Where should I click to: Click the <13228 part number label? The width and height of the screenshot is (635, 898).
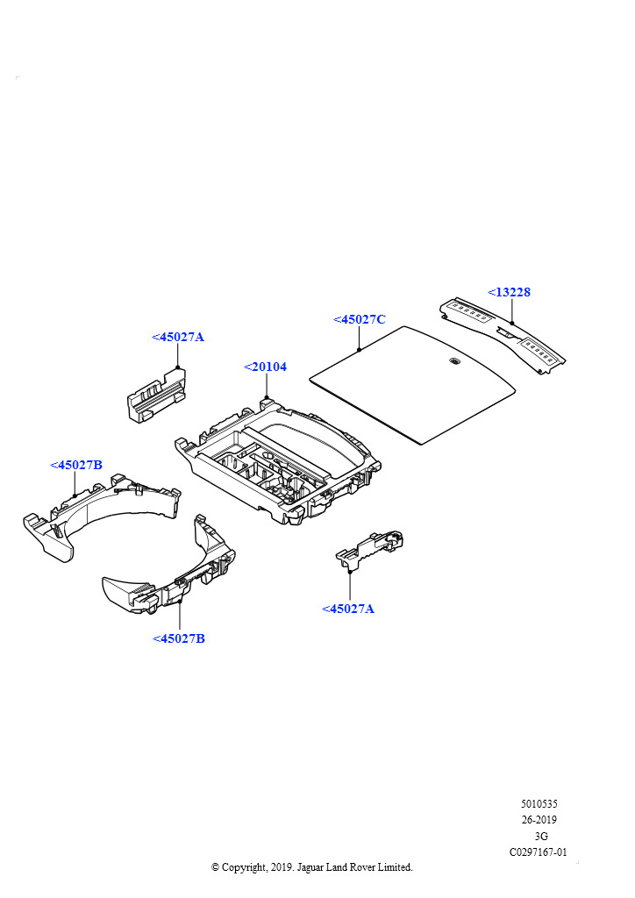point(510,292)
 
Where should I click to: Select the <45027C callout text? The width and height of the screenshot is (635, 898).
point(360,320)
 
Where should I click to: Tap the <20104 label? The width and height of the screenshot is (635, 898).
point(265,367)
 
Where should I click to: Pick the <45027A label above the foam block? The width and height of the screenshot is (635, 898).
point(178,337)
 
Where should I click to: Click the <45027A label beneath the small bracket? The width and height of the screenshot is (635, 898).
point(348,609)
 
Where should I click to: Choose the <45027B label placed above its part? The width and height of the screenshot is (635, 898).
point(76,465)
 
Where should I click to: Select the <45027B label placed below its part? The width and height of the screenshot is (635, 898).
point(179,638)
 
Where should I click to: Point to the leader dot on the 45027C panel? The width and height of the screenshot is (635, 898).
point(360,349)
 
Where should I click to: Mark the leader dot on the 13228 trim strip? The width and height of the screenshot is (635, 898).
point(512,323)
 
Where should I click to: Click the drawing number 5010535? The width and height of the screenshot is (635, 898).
point(539,803)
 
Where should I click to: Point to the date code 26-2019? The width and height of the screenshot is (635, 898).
point(539,820)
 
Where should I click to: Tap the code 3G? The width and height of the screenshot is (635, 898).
point(541,837)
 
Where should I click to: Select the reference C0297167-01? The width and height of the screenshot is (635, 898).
point(539,852)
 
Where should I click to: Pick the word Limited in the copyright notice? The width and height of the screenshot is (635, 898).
point(394,867)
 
